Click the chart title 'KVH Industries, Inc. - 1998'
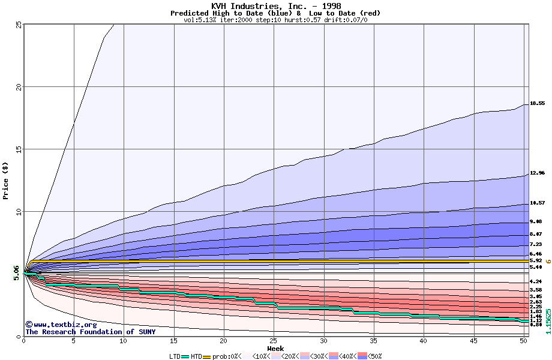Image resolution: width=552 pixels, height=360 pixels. (x=275, y=6)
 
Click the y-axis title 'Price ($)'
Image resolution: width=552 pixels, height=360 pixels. (x=5, y=180)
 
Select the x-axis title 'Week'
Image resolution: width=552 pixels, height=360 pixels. (x=275, y=348)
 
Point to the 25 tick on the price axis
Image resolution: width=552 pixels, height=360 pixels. (x=19, y=25)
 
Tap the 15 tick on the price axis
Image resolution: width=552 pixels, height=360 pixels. (x=19, y=149)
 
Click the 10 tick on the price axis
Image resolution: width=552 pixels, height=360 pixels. (x=19, y=212)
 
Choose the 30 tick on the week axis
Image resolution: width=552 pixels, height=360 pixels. (x=323, y=341)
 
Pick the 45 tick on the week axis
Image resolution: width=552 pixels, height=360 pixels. (x=473, y=341)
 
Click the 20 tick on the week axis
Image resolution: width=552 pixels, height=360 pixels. (x=223, y=341)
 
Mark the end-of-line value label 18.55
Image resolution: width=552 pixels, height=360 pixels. (x=537, y=103)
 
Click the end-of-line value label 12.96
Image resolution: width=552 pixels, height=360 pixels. (x=537, y=173)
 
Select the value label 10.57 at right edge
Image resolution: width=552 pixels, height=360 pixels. (x=537, y=203)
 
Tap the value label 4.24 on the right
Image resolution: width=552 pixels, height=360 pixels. (x=536, y=281)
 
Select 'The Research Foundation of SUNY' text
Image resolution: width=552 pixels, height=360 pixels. (x=90, y=332)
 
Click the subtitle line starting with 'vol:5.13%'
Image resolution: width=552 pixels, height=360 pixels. (x=275, y=20)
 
